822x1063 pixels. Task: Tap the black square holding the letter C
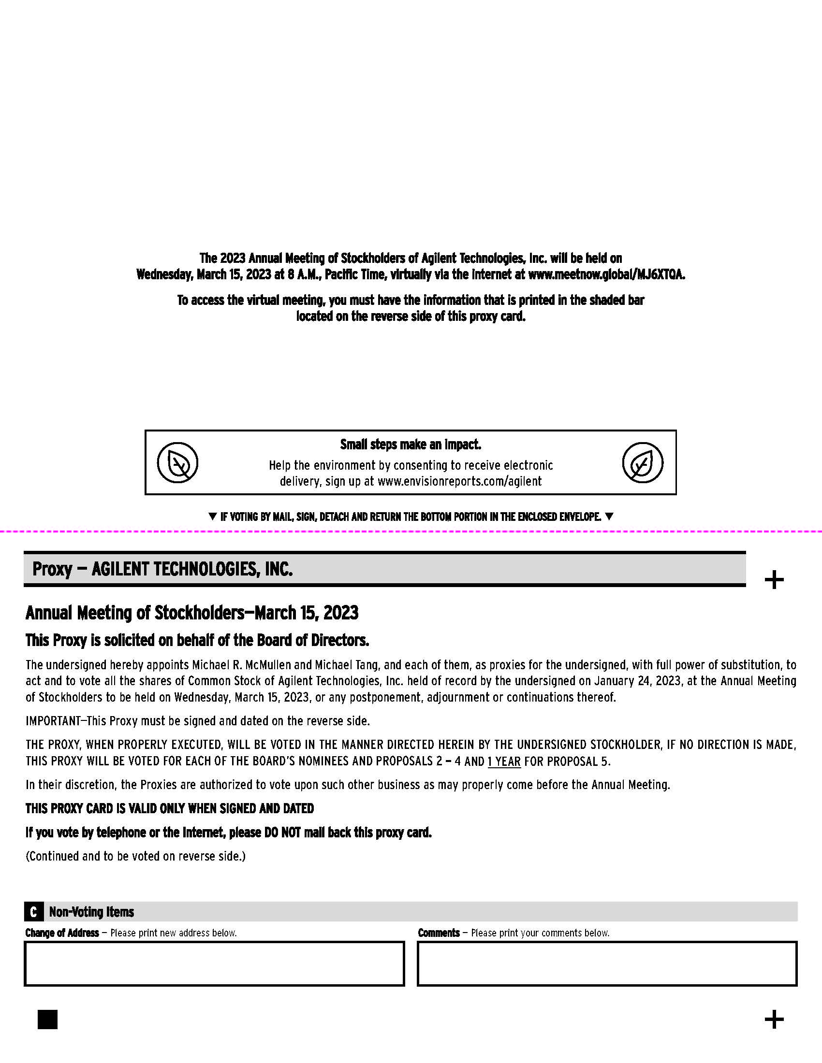(x=33, y=912)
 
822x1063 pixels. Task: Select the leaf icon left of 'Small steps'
(x=178, y=462)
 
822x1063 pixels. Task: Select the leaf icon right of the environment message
(x=642, y=462)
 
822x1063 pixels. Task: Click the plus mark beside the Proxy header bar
(x=774, y=580)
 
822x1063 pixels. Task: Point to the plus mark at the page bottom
(x=774, y=1019)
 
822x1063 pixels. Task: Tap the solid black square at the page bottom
(x=48, y=1019)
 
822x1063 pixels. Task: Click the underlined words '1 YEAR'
(x=504, y=761)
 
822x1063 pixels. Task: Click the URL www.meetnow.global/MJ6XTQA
(x=606, y=274)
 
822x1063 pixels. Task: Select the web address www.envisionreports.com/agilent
(x=459, y=481)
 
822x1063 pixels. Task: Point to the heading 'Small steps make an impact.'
(x=411, y=445)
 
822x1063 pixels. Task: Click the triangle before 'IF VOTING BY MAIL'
(x=212, y=516)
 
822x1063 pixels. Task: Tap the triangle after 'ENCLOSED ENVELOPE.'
(x=609, y=516)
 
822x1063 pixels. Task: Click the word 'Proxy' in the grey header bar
(x=52, y=569)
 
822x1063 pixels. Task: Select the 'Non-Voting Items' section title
(x=91, y=912)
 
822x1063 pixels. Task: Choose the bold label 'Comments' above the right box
(x=439, y=933)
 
